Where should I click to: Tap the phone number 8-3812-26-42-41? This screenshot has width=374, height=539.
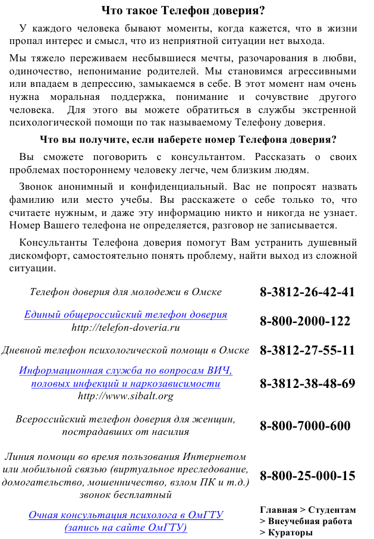pyautogui.click(x=307, y=292)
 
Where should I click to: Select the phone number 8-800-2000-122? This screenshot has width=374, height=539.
pyautogui.click(x=305, y=321)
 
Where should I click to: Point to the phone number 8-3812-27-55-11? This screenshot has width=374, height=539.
pyautogui.click(x=307, y=350)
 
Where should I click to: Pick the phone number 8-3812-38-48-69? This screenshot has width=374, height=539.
pyautogui.click(x=307, y=384)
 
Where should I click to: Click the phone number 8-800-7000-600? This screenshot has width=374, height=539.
pyautogui.click(x=305, y=426)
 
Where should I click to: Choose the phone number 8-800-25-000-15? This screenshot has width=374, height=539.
pyautogui.click(x=307, y=476)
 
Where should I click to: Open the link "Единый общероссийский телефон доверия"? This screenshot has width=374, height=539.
pyautogui.click(x=125, y=315)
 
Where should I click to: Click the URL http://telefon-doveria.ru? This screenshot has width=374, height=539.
pyautogui.click(x=125, y=327)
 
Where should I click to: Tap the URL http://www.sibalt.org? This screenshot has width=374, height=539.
pyautogui.click(x=125, y=396)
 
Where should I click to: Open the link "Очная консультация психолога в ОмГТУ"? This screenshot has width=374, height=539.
pyautogui.click(x=126, y=515)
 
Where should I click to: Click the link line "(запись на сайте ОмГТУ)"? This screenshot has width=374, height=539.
pyautogui.click(x=126, y=527)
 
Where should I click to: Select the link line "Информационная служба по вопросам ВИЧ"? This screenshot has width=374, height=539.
pyautogui.click(x=125, y=371)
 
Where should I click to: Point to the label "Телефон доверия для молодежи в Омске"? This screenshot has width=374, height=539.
pyautogui.click(x=125, y=292)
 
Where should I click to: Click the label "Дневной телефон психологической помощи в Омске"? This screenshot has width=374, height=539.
pyautogui.click(x=125, y=350)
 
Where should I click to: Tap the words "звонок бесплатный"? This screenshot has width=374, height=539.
pyautogui.click(x=125, y=494)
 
